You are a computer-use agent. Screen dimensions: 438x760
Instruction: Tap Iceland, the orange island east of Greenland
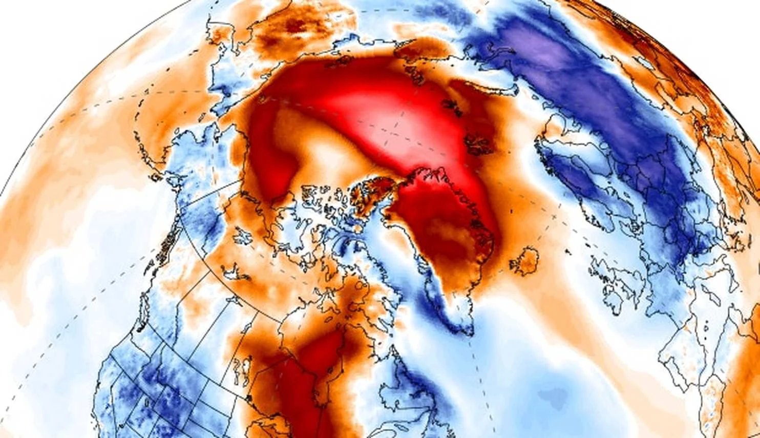coord(523,261)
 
